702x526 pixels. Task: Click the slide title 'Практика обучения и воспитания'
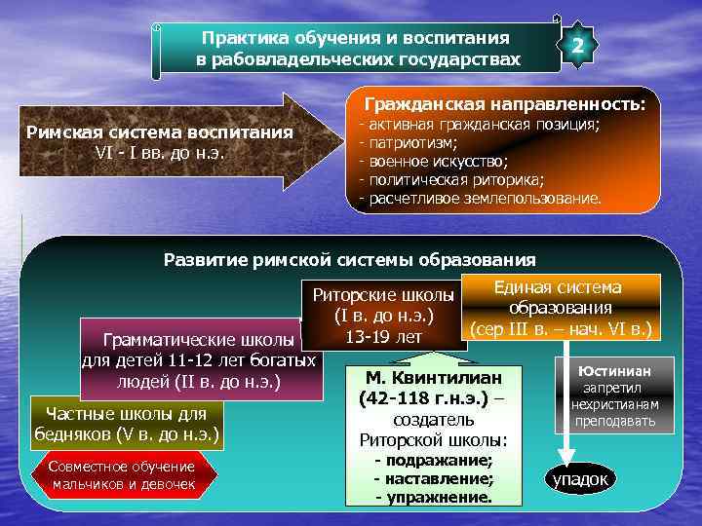(355, 38)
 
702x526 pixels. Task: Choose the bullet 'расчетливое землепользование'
(482, 199)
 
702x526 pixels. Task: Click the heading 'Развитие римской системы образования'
(349, 260)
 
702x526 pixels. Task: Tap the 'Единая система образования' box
(557, 307)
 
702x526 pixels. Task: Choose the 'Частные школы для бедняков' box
(127, 423)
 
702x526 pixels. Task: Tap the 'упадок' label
(580, 478)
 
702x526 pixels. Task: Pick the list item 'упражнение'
(434, 497)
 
